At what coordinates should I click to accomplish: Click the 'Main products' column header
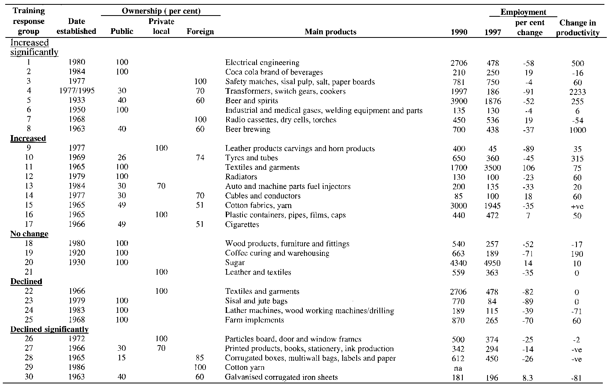[x=330, y=32]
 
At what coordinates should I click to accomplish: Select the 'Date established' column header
[x=76, y=26]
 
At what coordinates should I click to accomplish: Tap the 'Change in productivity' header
[x=578, y=28]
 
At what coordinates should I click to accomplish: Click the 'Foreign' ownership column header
[x=200, y=32]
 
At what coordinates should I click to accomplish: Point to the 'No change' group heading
[x=29, y=234]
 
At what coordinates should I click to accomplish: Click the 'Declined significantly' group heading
[x=49, y=330]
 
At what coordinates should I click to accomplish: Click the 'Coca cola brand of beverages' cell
[x=274, y=72]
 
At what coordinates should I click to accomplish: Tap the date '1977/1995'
[x=76, y=91]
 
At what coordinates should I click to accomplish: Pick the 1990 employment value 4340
[x=458, y=263]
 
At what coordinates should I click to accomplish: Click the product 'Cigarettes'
[x=242, y=224]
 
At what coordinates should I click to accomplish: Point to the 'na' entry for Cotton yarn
[x=458, y=368]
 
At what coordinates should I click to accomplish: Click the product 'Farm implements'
[x=255, y=320]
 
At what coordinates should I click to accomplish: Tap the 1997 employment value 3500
[x=492, y=168]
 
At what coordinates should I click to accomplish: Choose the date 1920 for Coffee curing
[x=77, y=253]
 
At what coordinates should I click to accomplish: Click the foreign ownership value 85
[x=200, y=358]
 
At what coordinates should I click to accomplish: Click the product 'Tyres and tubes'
[x=251, y=158]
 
